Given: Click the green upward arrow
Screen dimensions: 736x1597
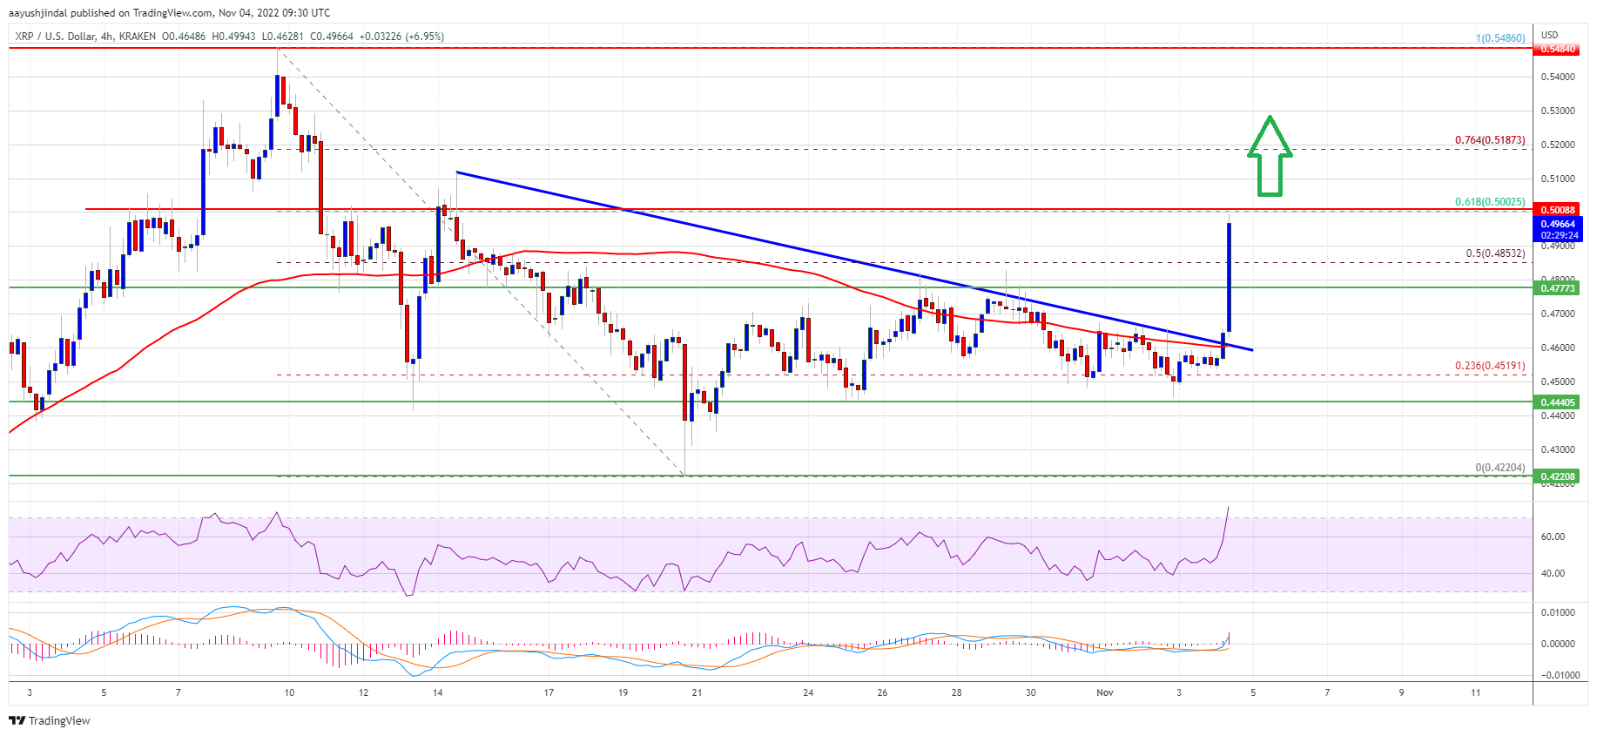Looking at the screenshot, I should click(1270, 157).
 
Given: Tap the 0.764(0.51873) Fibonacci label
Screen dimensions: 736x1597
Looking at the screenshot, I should click(1489, 140).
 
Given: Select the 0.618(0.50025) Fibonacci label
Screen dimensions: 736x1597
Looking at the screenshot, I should click(1489, 202).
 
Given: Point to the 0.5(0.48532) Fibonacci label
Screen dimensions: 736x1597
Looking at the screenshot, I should click(1494, 254).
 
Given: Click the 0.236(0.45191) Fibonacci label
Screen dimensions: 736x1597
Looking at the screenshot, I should click(1489, 366).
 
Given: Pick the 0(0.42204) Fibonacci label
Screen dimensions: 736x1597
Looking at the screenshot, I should click(1499, 468).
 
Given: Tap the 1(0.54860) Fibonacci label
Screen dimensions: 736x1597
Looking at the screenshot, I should click(1499, 38).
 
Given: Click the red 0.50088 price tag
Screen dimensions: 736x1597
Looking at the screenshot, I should click(1558, 210).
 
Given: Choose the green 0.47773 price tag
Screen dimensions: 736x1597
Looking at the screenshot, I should click(1558, 288).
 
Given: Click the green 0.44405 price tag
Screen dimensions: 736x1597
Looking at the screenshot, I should click(1558, 402).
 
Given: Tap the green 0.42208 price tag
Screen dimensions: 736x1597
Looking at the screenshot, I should click(1558, 476).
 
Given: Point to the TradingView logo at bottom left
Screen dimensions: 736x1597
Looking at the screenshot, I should click(50, 720).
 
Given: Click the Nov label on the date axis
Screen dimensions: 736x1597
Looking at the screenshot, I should click(1104, 692).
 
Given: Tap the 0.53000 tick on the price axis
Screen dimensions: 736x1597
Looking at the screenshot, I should click(1557, 111).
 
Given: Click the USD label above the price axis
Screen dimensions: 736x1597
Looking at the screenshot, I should click(1549, 35).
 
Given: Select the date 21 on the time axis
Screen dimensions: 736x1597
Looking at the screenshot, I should click(697, 692).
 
